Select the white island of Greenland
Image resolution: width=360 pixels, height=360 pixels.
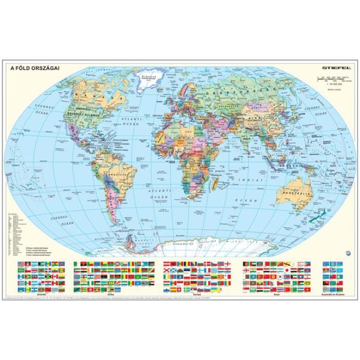pos(146,80)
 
